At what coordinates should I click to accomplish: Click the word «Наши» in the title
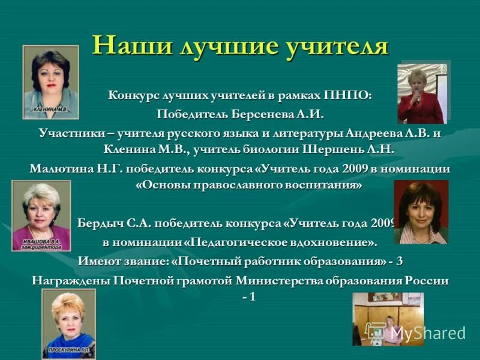(x=131, y=46)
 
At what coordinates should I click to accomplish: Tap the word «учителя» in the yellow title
(x=334, y=46)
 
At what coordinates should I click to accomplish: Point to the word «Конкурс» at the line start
(x=131, y=96)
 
